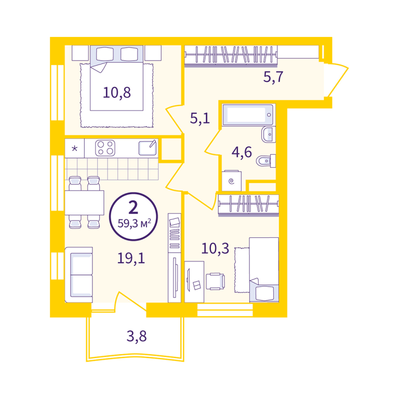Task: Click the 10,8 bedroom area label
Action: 117,92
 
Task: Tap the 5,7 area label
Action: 273,76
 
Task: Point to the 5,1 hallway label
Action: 200,118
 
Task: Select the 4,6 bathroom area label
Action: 242,152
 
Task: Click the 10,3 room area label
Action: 215,248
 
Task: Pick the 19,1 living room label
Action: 131,258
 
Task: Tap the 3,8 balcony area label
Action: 137,336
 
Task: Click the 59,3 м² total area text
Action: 135,223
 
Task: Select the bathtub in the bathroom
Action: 249,115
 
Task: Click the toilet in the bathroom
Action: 265,161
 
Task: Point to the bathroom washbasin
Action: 269,134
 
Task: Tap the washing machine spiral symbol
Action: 231,181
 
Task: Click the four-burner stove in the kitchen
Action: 105,148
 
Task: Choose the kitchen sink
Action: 148,148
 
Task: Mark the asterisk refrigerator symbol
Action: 75,148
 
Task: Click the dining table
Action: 85,203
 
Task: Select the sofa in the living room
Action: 79,274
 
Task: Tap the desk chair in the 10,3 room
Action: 215,281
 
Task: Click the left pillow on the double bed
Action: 105,54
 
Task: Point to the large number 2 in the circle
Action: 134,207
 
